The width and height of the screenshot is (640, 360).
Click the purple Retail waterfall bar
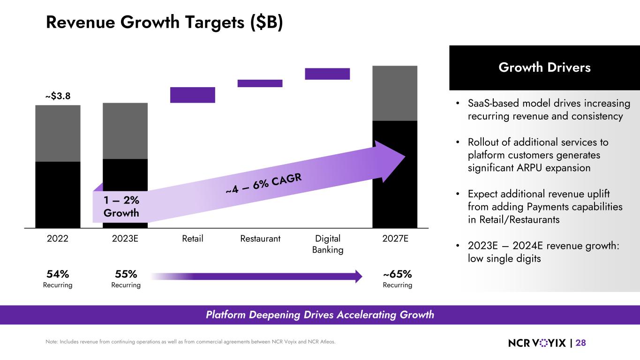[192, 95]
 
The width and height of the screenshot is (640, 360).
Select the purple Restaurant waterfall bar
[260, 83]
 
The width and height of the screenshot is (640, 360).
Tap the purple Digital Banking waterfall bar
[327, 74]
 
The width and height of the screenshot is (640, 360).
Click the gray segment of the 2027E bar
[395, 93]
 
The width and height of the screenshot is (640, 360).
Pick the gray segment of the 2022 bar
[58, 133]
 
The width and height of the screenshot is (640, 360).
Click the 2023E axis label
[125, 239]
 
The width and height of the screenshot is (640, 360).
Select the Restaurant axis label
[260, 239]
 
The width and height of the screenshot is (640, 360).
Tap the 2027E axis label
[395, 239]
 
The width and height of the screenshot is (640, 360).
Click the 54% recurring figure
[58, 274]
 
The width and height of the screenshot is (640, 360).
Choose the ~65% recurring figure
[398, 274]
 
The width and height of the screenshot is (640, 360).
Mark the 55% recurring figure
[126, 274]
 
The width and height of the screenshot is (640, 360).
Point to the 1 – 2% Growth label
[121, 206]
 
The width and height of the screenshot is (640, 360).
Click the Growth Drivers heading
[544, 67]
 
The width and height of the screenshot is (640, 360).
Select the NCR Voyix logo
[537, 343]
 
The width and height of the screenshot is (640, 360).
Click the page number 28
[580, 343]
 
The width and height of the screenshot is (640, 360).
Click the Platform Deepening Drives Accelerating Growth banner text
[320, 315]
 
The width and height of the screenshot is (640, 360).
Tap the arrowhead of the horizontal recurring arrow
[359, 276]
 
